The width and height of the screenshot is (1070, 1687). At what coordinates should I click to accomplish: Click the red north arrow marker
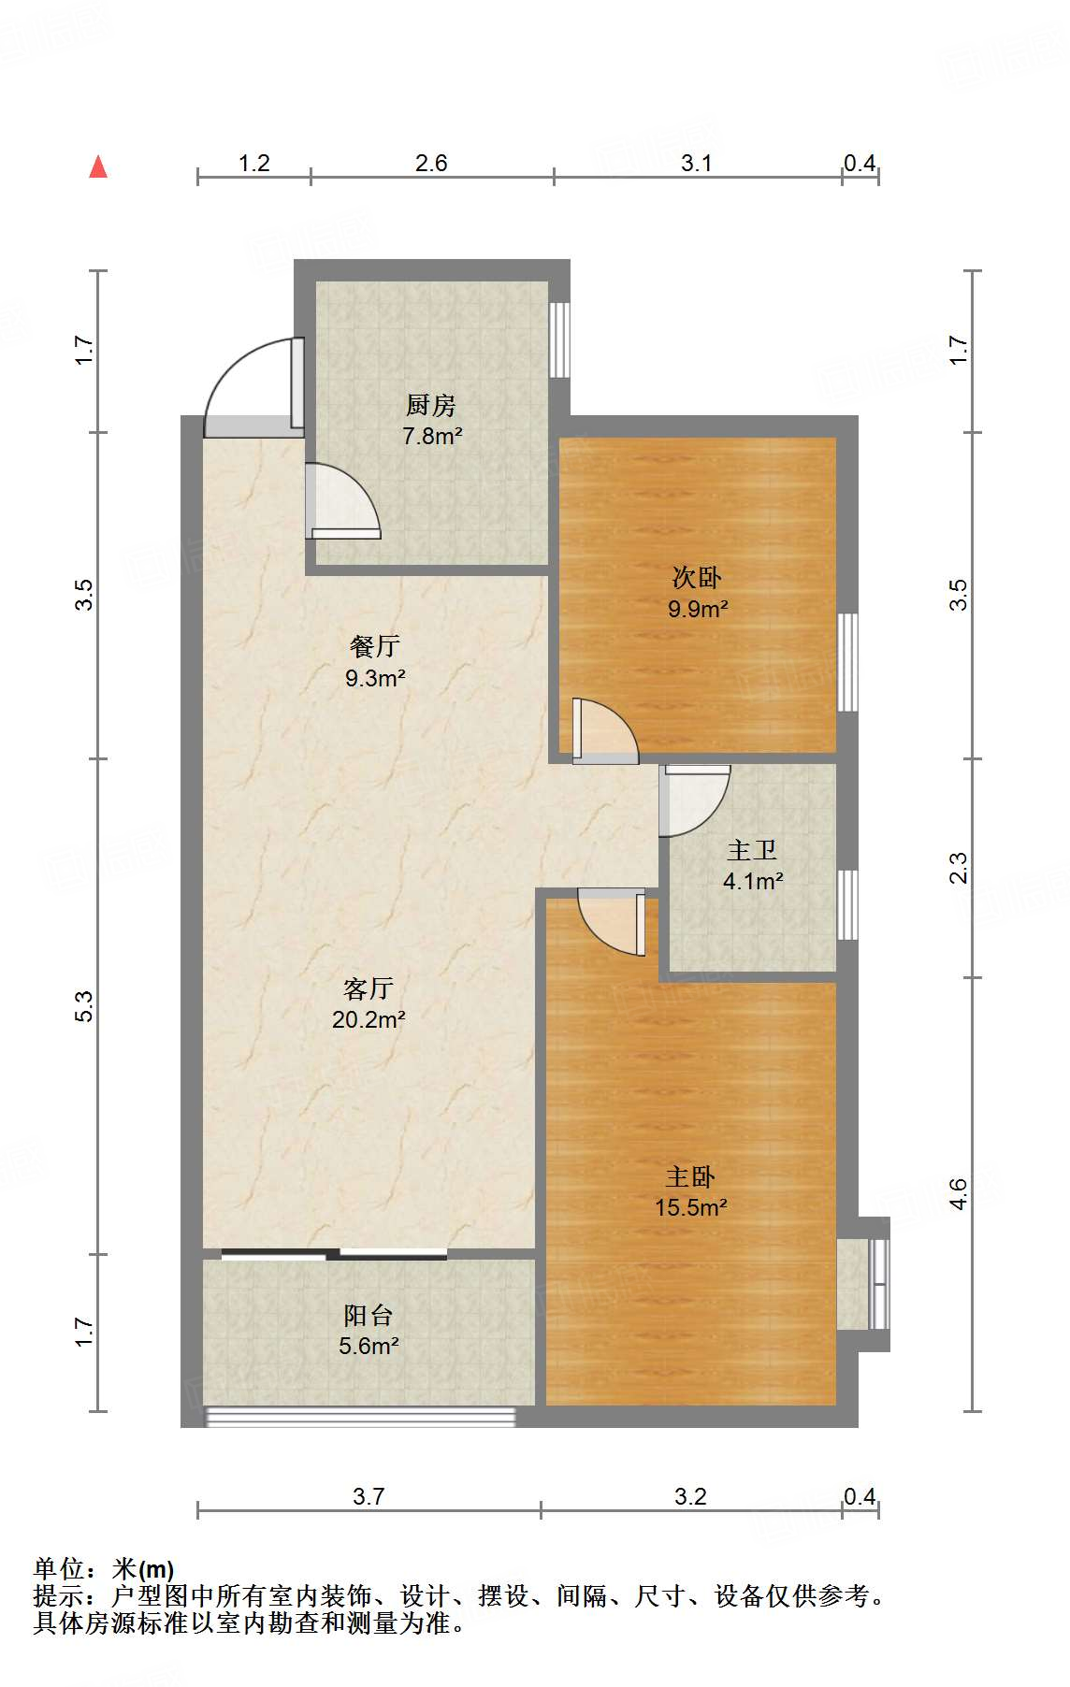98,167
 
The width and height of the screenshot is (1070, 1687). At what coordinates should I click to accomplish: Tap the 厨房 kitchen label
431,405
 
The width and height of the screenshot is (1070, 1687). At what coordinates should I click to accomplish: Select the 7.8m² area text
432,436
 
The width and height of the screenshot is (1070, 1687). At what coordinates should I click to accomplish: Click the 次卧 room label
697,577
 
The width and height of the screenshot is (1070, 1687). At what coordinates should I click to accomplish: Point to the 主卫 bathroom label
752,850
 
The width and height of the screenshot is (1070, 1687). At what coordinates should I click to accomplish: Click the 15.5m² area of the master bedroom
690,1207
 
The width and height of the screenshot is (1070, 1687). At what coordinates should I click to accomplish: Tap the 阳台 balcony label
368,1316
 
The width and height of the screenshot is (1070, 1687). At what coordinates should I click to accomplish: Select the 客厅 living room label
368,988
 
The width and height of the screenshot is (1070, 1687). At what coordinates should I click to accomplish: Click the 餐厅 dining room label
374,646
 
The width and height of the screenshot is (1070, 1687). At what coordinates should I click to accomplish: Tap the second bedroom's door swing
605,730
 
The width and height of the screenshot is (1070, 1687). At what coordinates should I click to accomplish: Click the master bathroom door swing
693,800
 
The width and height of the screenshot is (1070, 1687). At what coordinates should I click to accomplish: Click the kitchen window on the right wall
559,339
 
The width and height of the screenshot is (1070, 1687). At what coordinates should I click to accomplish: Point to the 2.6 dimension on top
431,163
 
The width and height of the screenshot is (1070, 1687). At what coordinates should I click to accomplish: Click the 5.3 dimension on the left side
84,1005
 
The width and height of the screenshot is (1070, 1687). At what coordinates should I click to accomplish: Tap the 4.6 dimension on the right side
959,1193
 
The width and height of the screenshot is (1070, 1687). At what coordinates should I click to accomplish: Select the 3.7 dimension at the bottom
369,1496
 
